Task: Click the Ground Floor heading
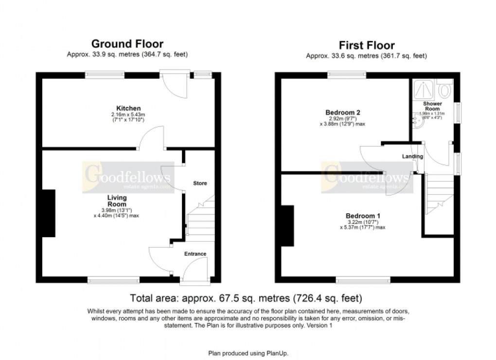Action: (x=127, y=44)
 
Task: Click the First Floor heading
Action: (x=366, y=45)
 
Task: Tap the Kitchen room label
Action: (x=128, y=108)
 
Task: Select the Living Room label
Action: (x=117, y=201)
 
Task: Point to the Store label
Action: (x=200, y=183)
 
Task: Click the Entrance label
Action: (x=195, y=254)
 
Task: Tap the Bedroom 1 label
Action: (x=362, y=216)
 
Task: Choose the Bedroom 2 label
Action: (x=342, y=112)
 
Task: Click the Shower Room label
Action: (x=432, y=106)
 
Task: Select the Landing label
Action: (x=412, y=156)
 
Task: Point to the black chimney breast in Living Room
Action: (x=49, y=213)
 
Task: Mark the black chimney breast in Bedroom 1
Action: (x=287, y=225)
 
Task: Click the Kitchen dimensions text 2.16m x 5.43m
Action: (x=128, y=115)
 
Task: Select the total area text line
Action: (x=246, y=297)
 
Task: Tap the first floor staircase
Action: (x=440, y=194)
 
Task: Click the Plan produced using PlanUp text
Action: (x=251, y=353)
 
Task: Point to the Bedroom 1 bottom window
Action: (x=363, y=280)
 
